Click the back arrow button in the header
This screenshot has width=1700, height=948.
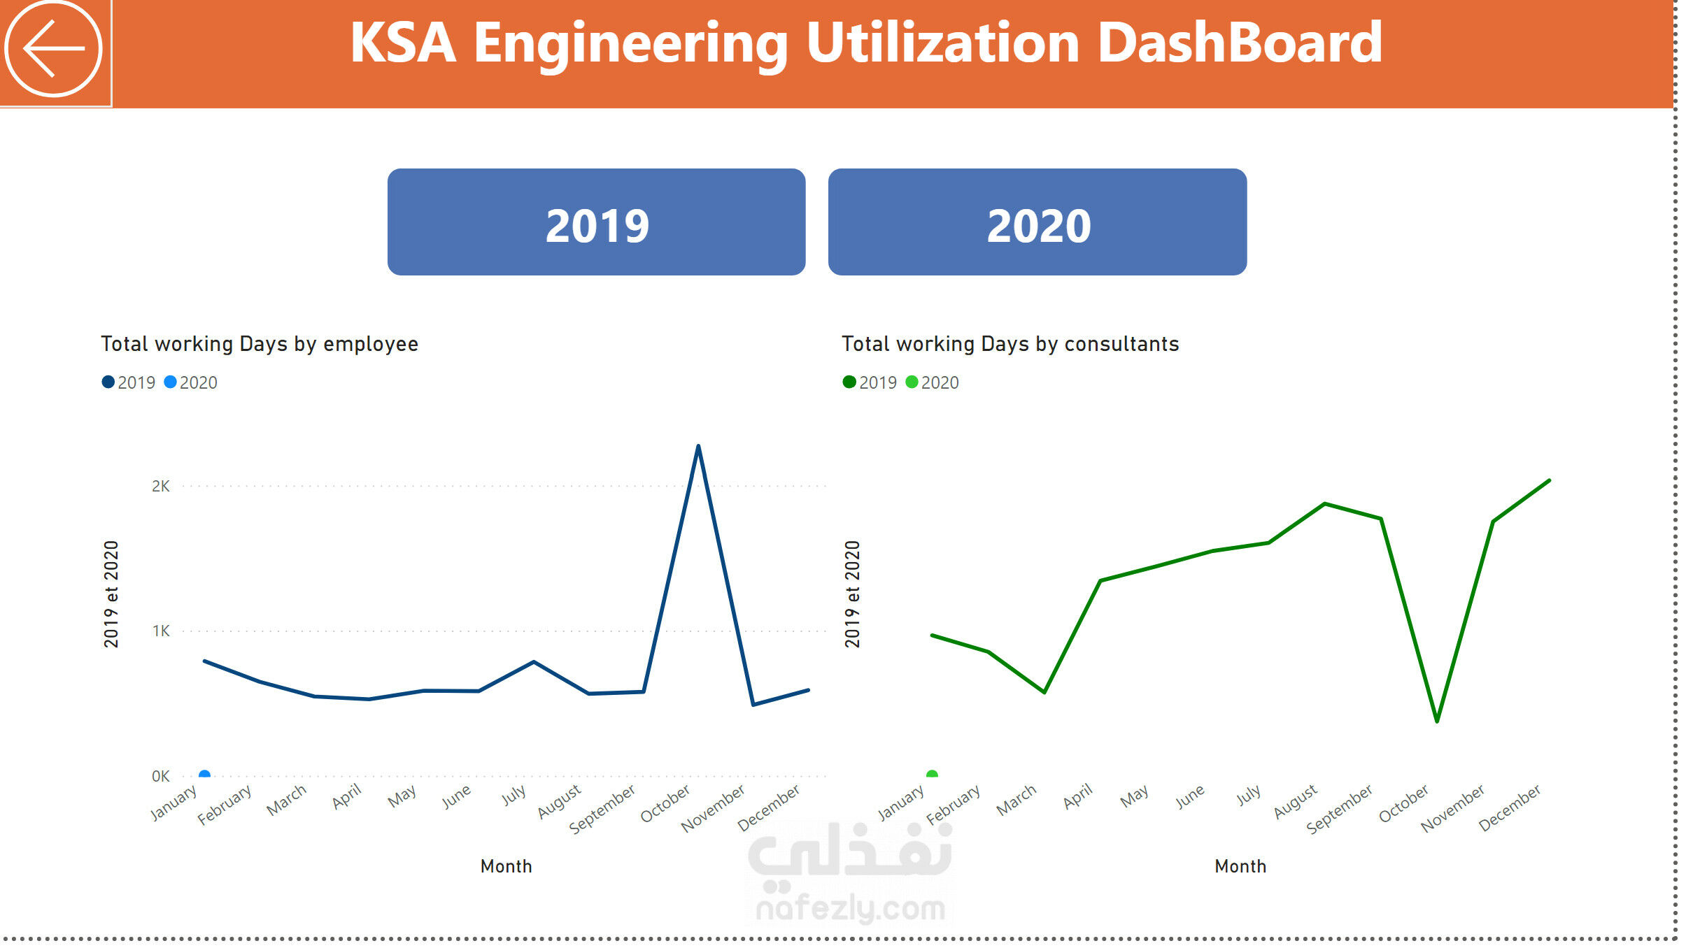click(x=54, y=49)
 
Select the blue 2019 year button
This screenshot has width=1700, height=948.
click(x=596, y=222)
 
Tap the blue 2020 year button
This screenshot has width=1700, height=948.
click(x=1037, y=222)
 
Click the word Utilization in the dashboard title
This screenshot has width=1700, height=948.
click(x=942, y=43)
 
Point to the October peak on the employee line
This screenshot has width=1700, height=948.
click(x=698, y=446)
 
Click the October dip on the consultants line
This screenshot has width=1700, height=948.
click(x=1437, y=721)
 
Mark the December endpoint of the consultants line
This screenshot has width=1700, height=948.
click(x=1549, y=480)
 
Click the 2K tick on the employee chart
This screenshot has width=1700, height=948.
click(x=161, y=486)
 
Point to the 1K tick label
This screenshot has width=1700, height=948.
click(x=161, y=631)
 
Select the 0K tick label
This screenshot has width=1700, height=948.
click(x=161, y=776)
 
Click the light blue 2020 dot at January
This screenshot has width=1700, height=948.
click(x=204, y=774)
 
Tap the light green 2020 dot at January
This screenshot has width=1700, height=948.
click(x=932, y=774)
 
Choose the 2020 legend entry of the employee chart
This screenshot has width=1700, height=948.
click(x=191, y=382)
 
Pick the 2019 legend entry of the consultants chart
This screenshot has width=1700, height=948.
click(x=870, y=382)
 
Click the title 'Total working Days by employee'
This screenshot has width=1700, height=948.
click(x=260, y=344)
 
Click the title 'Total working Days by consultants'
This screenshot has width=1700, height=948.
click(x=1010, y=344)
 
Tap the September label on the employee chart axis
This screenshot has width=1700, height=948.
click(x=602, y=809)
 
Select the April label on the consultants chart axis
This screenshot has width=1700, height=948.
click(x=1078, y=796)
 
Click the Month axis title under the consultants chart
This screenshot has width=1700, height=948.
click(x=1240, y=866)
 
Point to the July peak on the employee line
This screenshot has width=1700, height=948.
click(x=534, y=661)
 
